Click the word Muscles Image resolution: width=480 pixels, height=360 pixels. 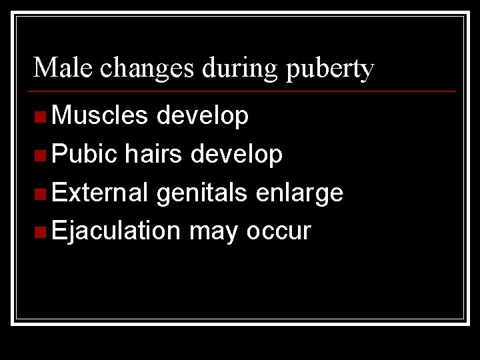tap(100, 116)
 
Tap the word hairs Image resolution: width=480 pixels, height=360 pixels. tap(153, 155)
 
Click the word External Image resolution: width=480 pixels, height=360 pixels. tap(100, 193)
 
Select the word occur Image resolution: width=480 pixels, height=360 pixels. tap(279, 231)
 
